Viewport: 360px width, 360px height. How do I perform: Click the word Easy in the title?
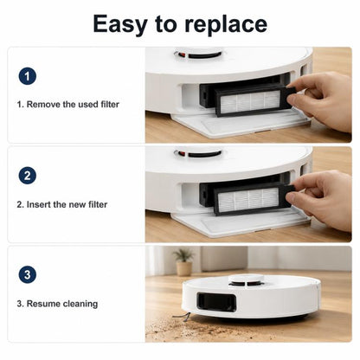coord(120,24)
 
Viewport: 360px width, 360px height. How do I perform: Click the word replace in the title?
coord(226,24)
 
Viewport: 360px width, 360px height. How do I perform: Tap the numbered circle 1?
coord(28,76)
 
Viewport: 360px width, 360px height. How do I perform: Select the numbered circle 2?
coord(28,176)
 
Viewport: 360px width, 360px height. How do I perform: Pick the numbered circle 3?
coord(28,274)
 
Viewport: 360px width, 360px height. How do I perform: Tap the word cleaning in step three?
coord(80,304)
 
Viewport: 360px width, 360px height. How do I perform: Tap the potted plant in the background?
coord(183,262)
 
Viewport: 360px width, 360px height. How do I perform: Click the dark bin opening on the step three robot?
coord(216,304)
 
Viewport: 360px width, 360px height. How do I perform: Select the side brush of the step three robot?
coord(182,317)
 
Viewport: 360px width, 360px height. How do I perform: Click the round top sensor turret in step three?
coord(247,280)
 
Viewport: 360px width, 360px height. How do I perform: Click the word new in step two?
coord(77,205)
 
